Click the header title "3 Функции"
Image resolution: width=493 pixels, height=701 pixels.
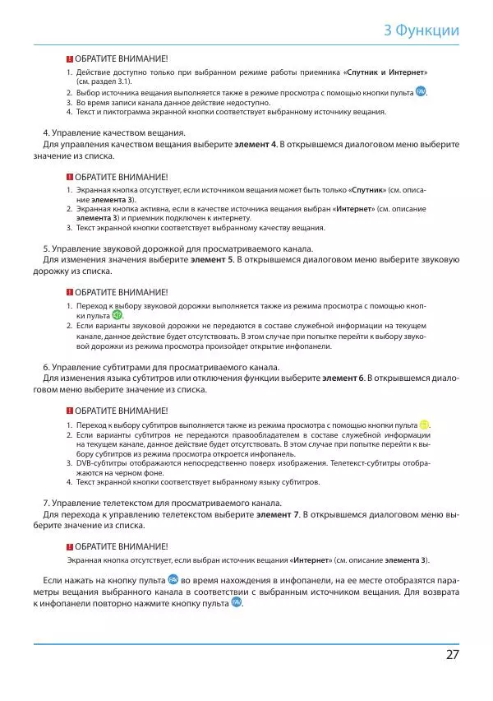422,31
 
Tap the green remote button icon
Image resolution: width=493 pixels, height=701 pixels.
117,316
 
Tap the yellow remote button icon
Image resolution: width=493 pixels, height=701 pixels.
424,425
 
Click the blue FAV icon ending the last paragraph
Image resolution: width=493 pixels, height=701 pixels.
237,603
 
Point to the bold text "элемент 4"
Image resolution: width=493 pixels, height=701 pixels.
256,145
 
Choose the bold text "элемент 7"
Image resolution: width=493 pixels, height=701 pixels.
278,514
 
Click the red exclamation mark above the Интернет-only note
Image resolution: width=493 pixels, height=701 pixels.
70,546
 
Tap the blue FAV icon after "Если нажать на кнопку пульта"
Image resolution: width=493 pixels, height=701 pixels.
173,580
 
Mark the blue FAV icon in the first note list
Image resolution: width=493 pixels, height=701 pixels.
421,92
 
